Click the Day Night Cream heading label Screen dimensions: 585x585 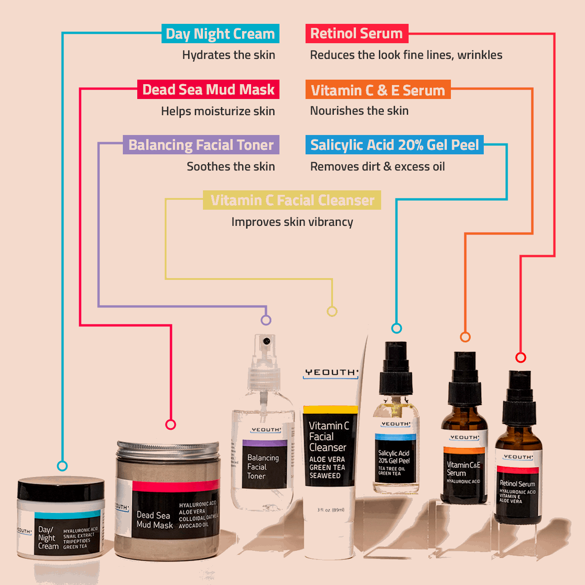pyautogui.click(x=220, y=34)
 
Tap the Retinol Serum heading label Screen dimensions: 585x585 pyautogui.click(x=356, y=34)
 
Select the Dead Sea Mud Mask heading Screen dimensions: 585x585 pyautogui.click(x=208, y=90)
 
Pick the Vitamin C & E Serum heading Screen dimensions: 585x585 pyautogui.click(x=378, y=90)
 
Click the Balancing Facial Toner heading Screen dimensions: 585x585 pyautogui.click(x=201, y=145)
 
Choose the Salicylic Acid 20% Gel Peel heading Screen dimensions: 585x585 pyautogui.click(x=394, y=145)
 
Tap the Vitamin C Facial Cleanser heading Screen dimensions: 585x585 pyautogui.click(x=292, y=200)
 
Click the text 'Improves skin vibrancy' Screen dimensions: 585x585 pyautogui.click(x=292, y=222)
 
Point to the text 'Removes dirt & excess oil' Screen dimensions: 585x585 pyautogui.click(x=377, y=166)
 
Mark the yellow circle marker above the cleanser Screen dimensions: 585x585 pyautogui.click(x=332, y=311)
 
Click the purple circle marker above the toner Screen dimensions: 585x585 pyautogui.click(x=266, y=320)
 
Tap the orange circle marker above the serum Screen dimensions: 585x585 pyautogui.click(x=465, y=337)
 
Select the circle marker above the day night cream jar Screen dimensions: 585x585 pyautogui.click(x=63, y=466)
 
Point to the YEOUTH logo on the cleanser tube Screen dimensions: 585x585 pyautogui.click(x=331, y=373)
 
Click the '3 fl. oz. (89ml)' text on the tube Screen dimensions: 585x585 pyautogui.click(x=331, y=510)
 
